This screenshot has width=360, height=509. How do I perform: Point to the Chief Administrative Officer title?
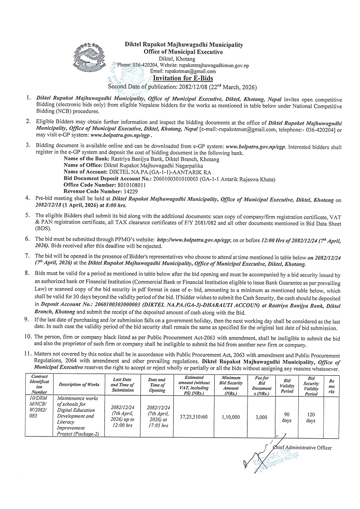pyautogui.click(x=302, y=448)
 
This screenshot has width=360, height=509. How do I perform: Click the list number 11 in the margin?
pyautogui.click(x=29, y=356)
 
